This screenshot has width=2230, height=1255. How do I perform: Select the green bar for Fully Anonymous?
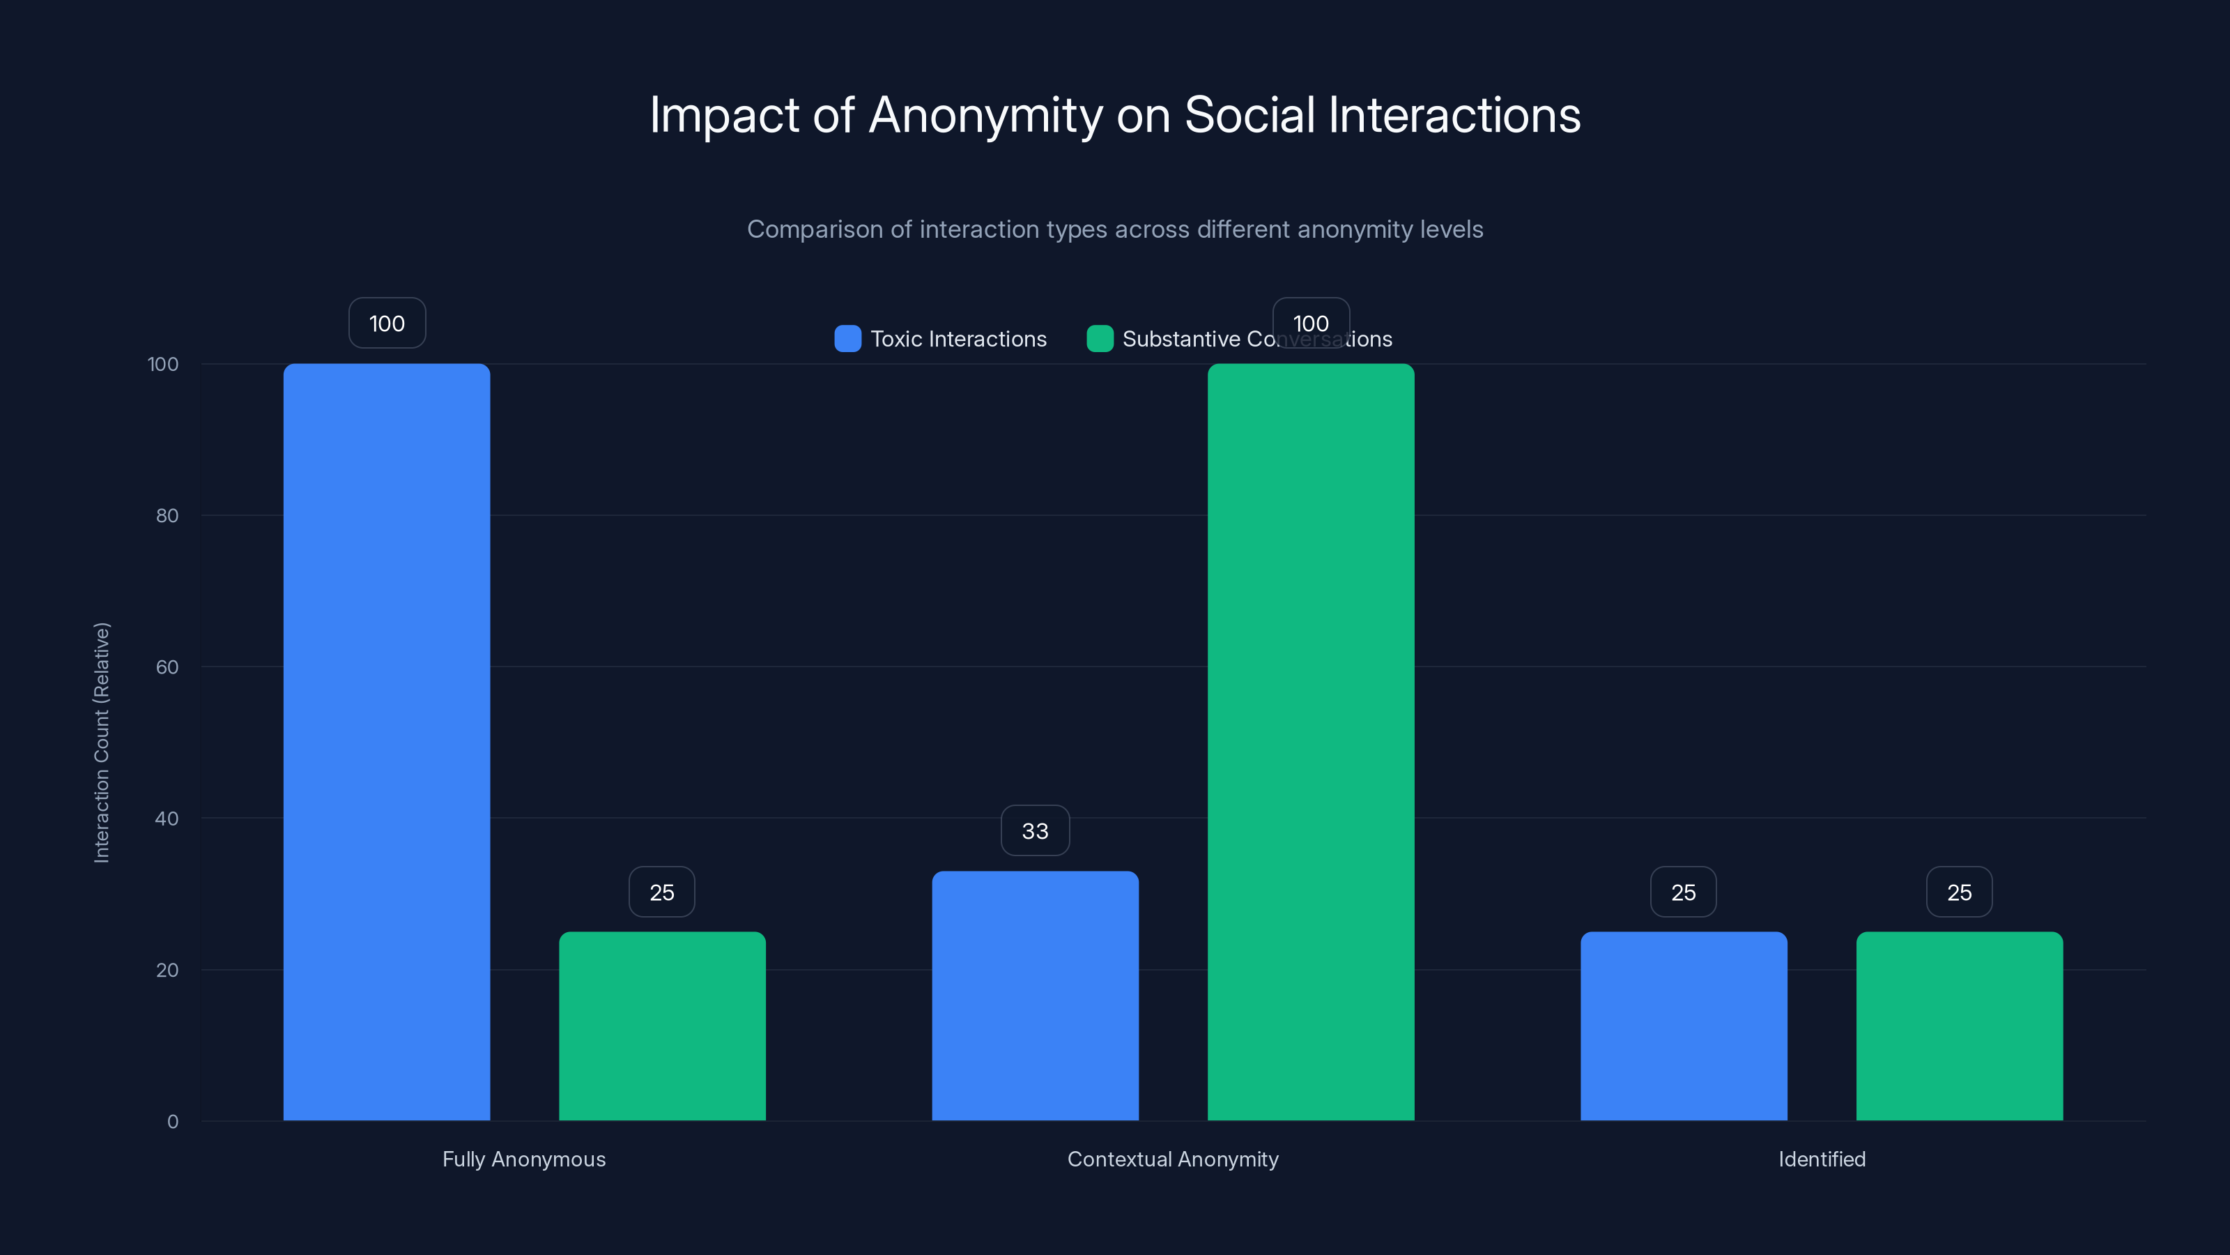662,1026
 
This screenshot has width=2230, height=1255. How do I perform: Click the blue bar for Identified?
1683,1026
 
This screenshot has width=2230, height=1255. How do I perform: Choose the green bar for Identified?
1959,1026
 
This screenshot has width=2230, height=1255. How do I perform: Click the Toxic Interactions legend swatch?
847,339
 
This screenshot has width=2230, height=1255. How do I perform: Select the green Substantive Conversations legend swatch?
1100,339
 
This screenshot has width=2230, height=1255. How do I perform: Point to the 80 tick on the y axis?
167,515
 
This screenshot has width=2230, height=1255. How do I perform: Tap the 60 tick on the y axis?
167,667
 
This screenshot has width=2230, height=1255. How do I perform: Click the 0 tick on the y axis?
172,1122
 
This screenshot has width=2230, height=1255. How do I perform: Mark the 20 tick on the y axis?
167,970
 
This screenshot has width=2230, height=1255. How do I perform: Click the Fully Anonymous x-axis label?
524,1159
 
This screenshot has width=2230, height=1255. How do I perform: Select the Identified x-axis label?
1822,1159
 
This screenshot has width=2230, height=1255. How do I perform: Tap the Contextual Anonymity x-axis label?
1172,1159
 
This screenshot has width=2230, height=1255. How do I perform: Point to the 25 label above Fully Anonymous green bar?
662,892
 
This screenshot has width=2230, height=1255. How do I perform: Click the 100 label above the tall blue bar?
386,323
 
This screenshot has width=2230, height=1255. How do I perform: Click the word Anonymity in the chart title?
985,115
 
